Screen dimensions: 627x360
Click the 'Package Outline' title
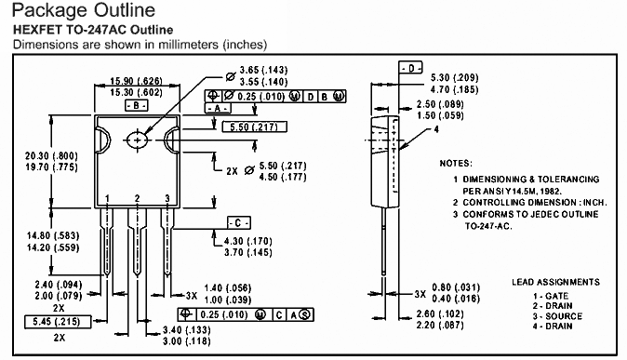click(x=84, y=11)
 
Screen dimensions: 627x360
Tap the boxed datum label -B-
click(x=137, y=106)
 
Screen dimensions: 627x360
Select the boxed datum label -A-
click(x=218, y=109)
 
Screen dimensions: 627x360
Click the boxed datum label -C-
click(x=239, y=223)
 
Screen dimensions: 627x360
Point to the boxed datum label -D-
click(x=410, y=68)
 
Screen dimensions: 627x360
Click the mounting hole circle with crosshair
click(x=137, y=140)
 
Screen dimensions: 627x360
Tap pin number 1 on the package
click(x=107, y=199)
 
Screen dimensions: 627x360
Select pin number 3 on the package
click(x=167, y=198)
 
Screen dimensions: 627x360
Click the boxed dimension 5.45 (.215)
click(x=58, y=322)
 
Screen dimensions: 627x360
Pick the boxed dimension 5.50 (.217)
click(x=254, y=127)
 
